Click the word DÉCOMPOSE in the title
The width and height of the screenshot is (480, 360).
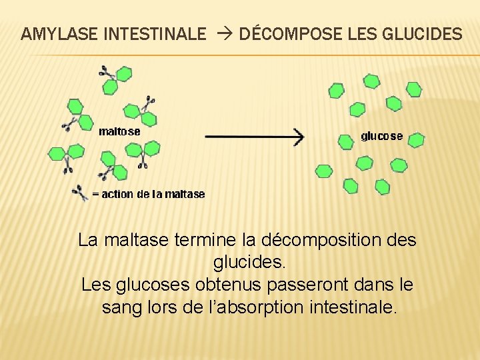289,34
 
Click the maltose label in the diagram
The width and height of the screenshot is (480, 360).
119,131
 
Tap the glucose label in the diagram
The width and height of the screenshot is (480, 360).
382,136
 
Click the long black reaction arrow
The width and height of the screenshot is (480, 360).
253,137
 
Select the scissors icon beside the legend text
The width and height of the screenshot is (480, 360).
80,193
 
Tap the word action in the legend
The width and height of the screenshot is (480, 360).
117,194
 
